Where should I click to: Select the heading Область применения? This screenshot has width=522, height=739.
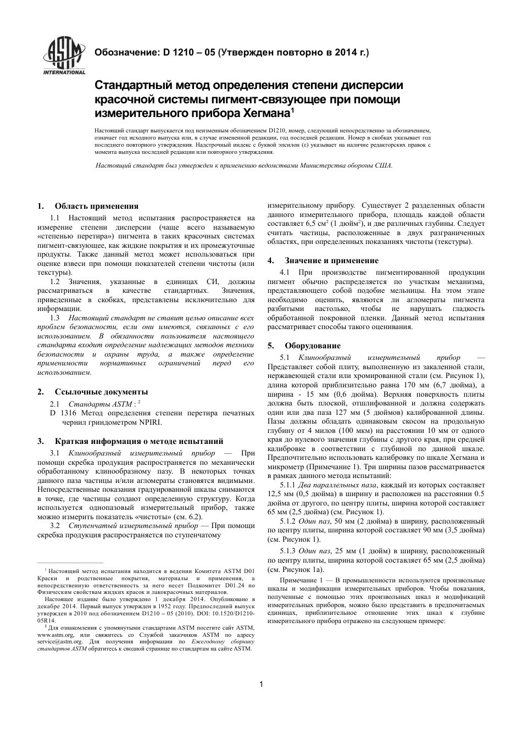(x=96, y=206)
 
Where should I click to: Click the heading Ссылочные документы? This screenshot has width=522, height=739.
(x=101, y=392)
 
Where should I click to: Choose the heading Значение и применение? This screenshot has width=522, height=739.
(x=331, y=260)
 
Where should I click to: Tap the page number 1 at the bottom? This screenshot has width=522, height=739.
(x=262, y=684)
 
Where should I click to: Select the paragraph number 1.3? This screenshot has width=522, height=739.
(x=55, y=318)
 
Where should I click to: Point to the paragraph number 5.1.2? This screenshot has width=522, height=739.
(x=288, y=521)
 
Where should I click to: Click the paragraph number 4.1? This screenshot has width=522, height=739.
(x=285, y=272)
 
